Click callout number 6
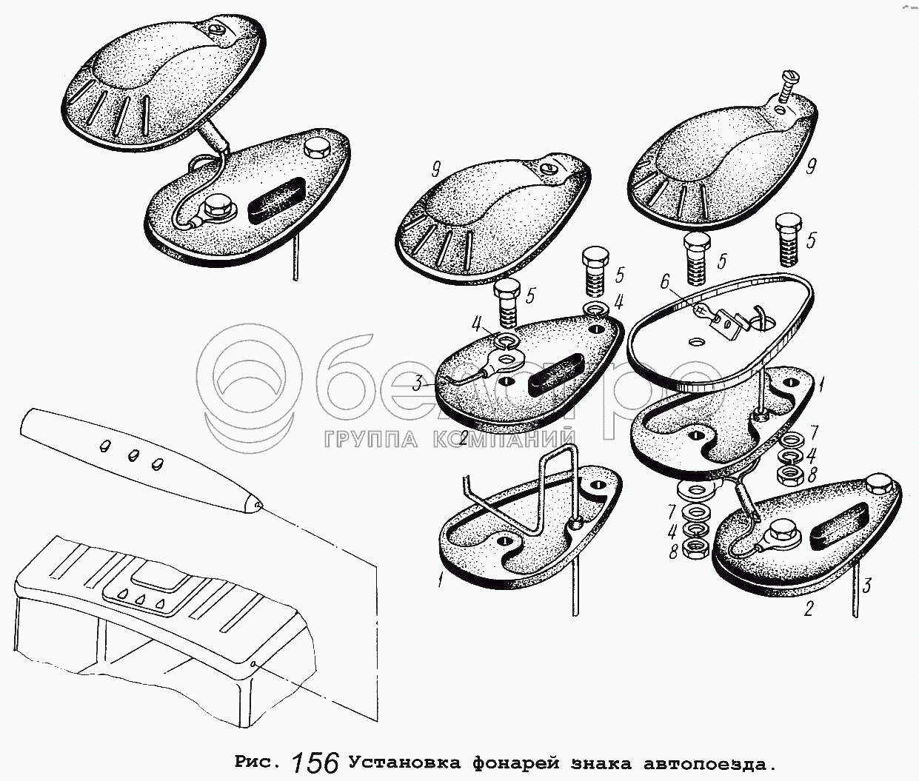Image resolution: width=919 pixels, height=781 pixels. pyautogui.click(x=664, y=282)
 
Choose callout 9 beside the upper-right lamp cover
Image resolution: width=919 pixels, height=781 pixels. pyautogui.click(x=811, y=168)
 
